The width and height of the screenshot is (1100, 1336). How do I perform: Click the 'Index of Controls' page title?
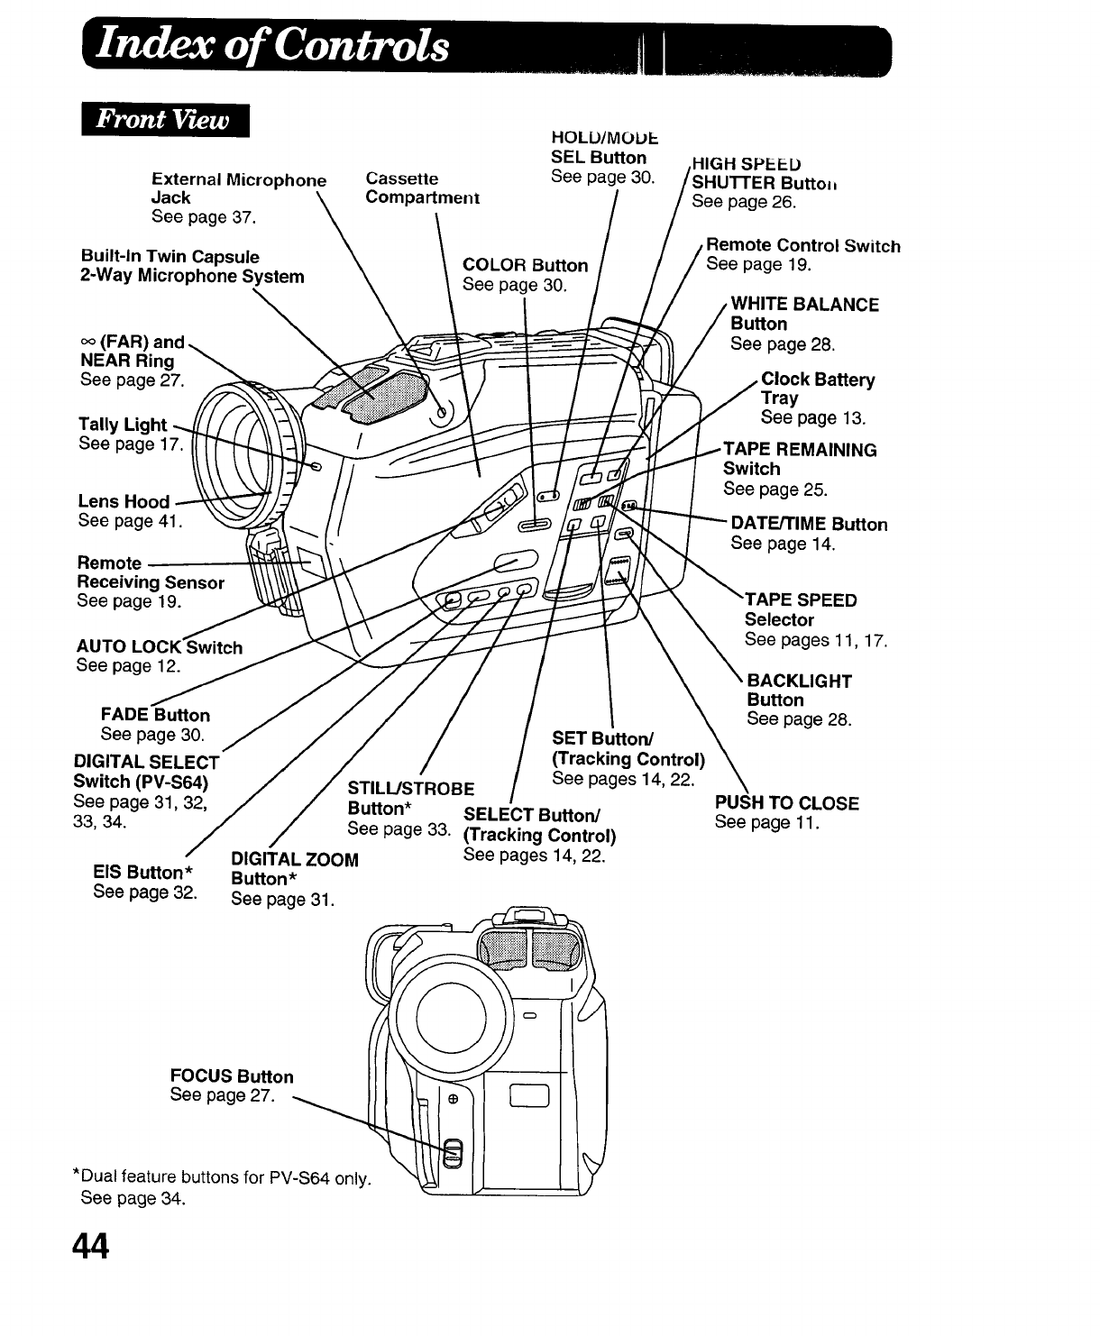(276, 44)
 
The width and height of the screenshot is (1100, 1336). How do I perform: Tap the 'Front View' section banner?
(164, 120)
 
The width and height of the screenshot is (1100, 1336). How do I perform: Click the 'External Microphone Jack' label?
(239, 188)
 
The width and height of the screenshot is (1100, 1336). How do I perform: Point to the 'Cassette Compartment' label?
(422, 188)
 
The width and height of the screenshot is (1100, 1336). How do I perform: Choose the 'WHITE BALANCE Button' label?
(804, 314)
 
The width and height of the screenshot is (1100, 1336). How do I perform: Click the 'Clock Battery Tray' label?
(817, 389)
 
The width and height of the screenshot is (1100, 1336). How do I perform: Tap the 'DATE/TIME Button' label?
(809, 524)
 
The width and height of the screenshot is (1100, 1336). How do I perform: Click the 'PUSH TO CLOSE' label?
(786, 802)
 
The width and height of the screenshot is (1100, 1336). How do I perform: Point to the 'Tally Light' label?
(123, 424)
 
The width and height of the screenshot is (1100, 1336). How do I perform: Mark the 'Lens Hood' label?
(124, 501)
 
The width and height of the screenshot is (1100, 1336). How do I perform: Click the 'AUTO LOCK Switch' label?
(160, 646)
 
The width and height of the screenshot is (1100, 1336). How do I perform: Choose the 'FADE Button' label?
(155, 715)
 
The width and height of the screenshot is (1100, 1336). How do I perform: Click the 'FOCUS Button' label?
(232, 1076)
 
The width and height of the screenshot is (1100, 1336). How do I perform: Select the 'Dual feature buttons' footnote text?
(222, 1177)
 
